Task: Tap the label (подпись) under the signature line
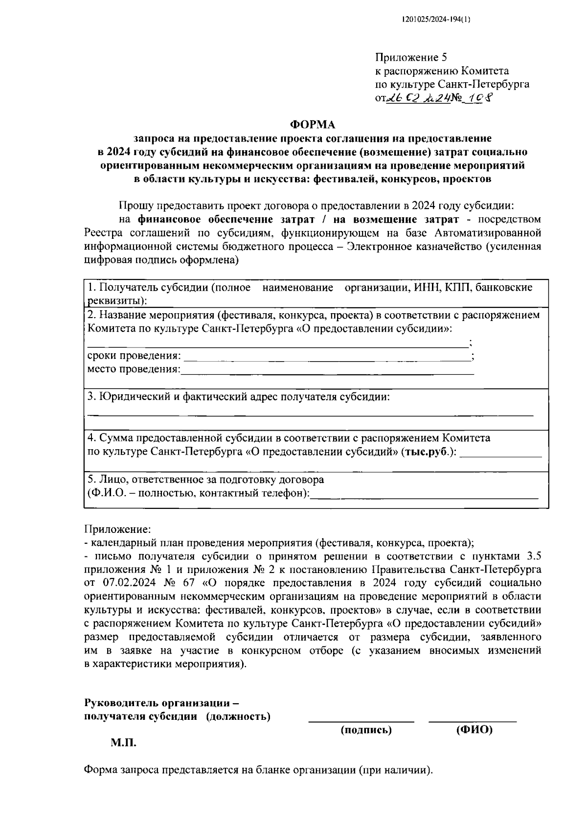[366, 730]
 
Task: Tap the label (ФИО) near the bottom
[474, 730]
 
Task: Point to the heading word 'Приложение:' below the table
[118, 529]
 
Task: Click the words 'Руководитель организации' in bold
[158, 703]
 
